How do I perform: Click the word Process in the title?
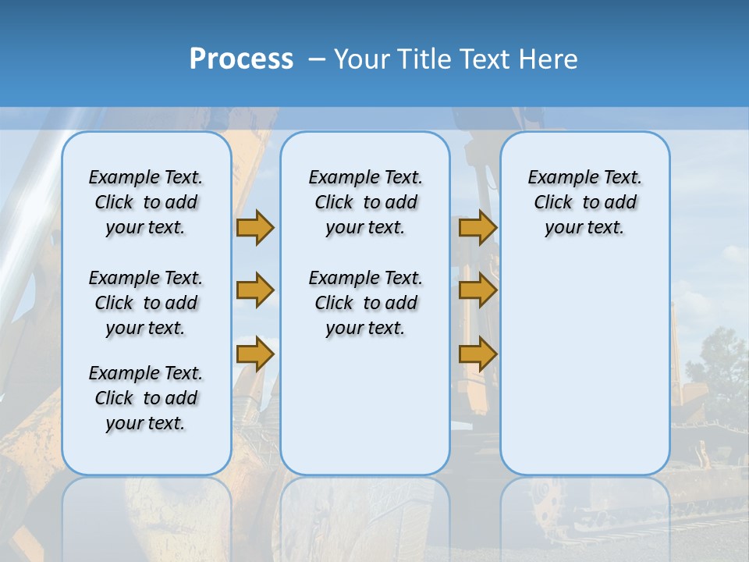(x=241, y=59)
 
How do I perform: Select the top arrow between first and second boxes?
(x=255, y=228)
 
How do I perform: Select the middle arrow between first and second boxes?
(x=255, y=290)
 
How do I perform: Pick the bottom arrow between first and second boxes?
(x=255, y=354)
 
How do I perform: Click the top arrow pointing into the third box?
(x=477, y=228)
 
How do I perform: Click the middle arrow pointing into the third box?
(x=477, y=290)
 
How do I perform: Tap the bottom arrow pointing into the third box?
(x=477, y=354)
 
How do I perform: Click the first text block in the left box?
(x=146, y=202)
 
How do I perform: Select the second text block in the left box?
(x=146, y=303)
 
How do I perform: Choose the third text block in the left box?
(x=146, y=398)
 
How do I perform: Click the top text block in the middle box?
(x=365, y=202)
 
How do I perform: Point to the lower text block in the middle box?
(x=365, y=303)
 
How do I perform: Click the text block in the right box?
(x=584, y=202)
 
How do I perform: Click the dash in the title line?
(x=316, y=59)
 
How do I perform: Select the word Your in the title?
(x=361, y=59)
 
